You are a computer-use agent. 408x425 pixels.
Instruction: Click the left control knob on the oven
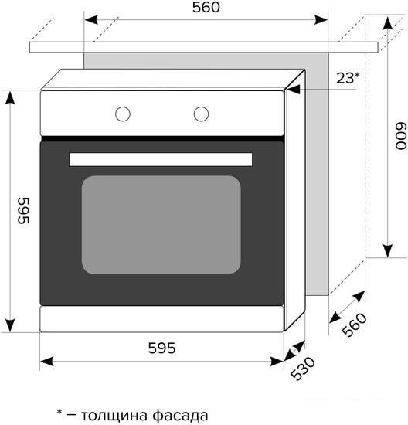point(123,114)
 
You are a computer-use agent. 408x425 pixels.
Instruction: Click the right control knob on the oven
point(201,114)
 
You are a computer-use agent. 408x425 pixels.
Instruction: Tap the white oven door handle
point(161,159)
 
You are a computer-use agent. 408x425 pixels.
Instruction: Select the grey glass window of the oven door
point(161,224)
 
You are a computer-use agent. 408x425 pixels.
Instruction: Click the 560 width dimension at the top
point(206,8)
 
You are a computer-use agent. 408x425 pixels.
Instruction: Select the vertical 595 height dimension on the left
point(21,210)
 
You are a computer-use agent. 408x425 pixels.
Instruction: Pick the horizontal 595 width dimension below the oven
point(161,348)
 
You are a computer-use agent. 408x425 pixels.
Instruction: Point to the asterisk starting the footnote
point(59,413)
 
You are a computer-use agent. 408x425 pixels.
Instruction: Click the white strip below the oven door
point(161,318)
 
